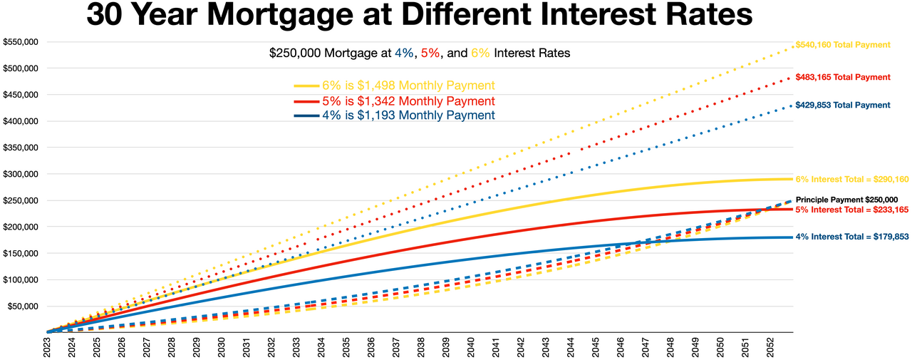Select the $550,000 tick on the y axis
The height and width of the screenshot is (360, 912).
[x=21, y=42]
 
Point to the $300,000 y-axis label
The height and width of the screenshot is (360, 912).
[x=21, y=174]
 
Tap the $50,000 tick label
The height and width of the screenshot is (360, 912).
[x=23, y=307]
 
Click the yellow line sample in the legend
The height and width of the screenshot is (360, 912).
[x=306, y=86]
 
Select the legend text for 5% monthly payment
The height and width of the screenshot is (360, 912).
[x=408, y=101]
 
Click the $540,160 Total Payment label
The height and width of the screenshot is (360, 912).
[x=843, y=45]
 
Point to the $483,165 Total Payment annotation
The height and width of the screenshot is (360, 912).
[x=843, y=77]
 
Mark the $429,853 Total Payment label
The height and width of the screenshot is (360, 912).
[x=843, y=105]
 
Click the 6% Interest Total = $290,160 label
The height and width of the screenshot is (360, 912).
[x=852, y=179]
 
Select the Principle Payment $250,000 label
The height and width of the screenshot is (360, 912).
[x=847, y=200]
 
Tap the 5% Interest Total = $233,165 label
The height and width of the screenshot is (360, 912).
[x=852, y=210]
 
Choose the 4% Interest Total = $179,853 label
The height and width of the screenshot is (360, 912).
[x=852, y=237]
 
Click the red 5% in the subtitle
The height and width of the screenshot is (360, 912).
[x=430, y=53]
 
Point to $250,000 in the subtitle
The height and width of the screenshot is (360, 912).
[x=295, y=53]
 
